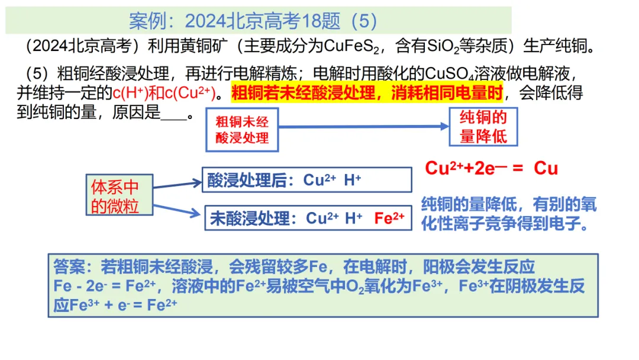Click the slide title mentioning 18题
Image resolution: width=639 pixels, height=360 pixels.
253,21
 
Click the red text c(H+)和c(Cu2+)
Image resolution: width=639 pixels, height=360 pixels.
166,93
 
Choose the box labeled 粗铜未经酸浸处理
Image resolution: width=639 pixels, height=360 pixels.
242,130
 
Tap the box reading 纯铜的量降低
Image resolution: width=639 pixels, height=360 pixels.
483,127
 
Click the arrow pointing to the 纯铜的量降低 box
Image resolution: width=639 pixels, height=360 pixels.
364,126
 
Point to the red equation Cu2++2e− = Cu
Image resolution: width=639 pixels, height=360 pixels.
491,168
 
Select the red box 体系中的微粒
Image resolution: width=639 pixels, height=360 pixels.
115,195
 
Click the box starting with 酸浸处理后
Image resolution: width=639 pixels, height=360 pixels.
306,180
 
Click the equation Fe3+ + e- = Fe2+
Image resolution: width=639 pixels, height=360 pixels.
124,306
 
